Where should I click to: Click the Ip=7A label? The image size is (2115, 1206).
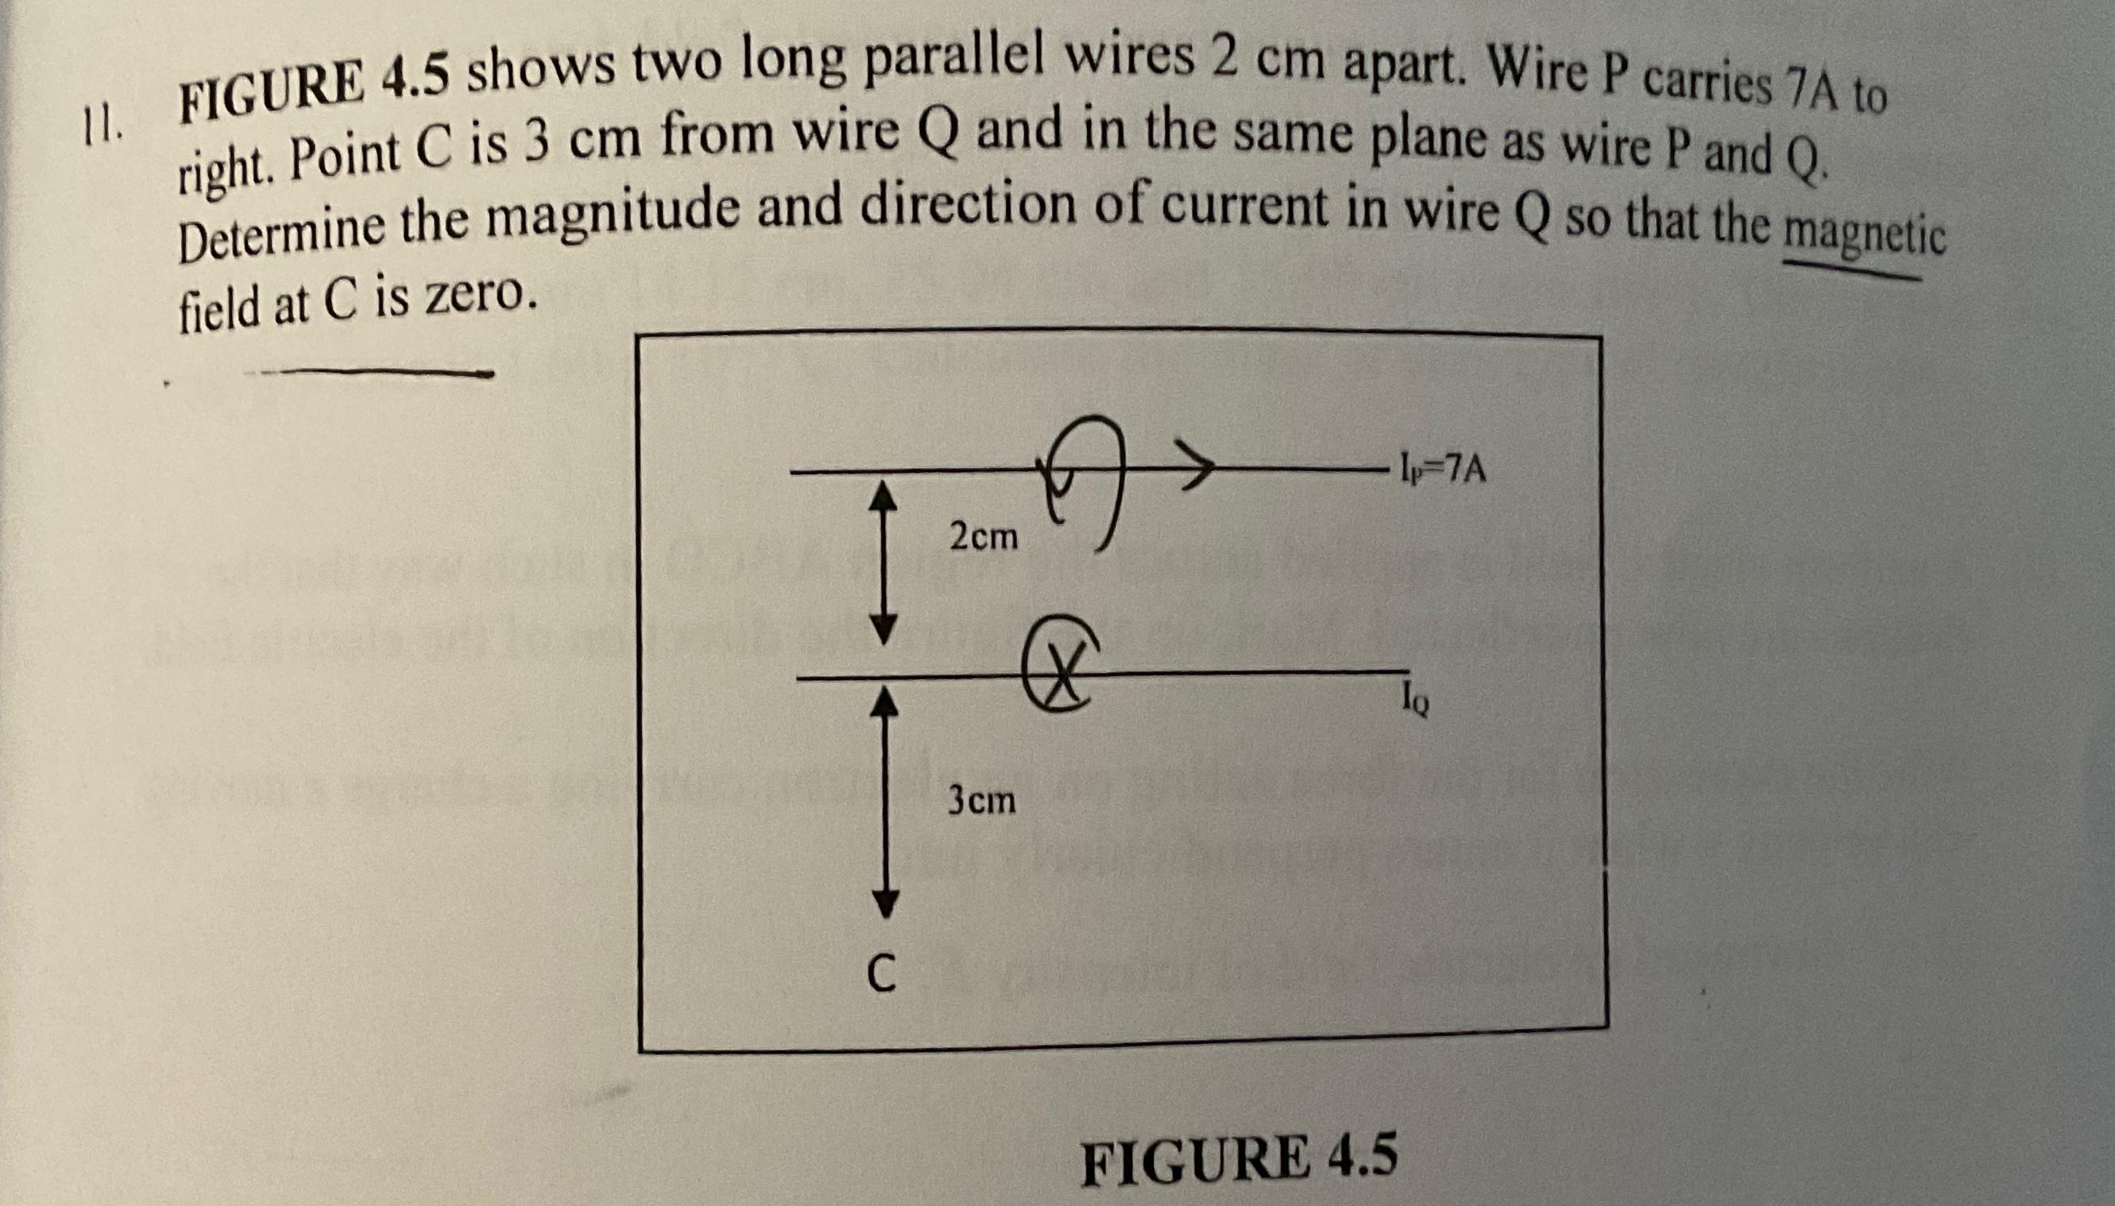tap(1442, 470)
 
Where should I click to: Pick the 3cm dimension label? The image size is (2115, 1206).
tap(981, 801)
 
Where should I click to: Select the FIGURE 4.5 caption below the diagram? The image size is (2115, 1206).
tap(1239, 1159)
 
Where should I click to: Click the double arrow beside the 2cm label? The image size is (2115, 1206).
tap(885, 562)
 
